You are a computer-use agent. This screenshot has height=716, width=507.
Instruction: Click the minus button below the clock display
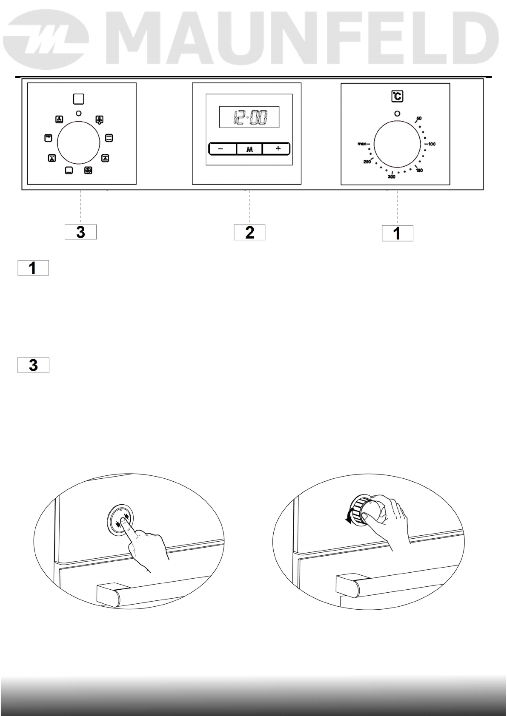click(x=222, y=149)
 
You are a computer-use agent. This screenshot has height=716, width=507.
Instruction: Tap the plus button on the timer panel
click(x=276, y=149)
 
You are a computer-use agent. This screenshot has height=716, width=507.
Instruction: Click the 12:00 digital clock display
click(x=249, y=117)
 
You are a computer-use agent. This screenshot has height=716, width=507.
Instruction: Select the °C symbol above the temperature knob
click(x=397, y=97)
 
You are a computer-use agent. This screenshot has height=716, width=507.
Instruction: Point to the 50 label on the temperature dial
click(x=419, y=118)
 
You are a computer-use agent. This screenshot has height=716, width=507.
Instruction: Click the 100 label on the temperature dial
click(x=432, y=144)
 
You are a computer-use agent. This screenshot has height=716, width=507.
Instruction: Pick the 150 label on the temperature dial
click(x=419, y=170)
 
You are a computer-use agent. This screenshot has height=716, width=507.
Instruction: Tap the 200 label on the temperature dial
click(x=392, y=177)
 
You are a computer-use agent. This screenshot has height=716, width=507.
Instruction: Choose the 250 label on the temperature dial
click(x=367, y=162)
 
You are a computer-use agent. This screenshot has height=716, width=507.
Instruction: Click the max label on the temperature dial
click(x=361, y=144)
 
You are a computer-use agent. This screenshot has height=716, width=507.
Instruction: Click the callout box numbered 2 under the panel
click(x=249, y=232)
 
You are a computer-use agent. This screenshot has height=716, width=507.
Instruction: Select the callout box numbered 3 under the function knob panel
click(x=80, y=232)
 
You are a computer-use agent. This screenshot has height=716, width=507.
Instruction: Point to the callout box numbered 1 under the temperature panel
click(x=397, y=233)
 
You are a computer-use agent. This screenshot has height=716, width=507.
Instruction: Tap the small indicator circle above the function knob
click(x=78, y=113)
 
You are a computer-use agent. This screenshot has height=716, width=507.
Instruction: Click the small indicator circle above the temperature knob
click(x=397, y=114)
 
